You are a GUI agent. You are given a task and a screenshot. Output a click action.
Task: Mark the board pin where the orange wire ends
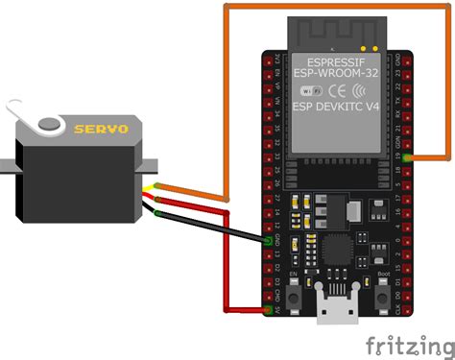(x=410, y=156)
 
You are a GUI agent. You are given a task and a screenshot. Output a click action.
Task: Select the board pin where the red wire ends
(x=269, y=309)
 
